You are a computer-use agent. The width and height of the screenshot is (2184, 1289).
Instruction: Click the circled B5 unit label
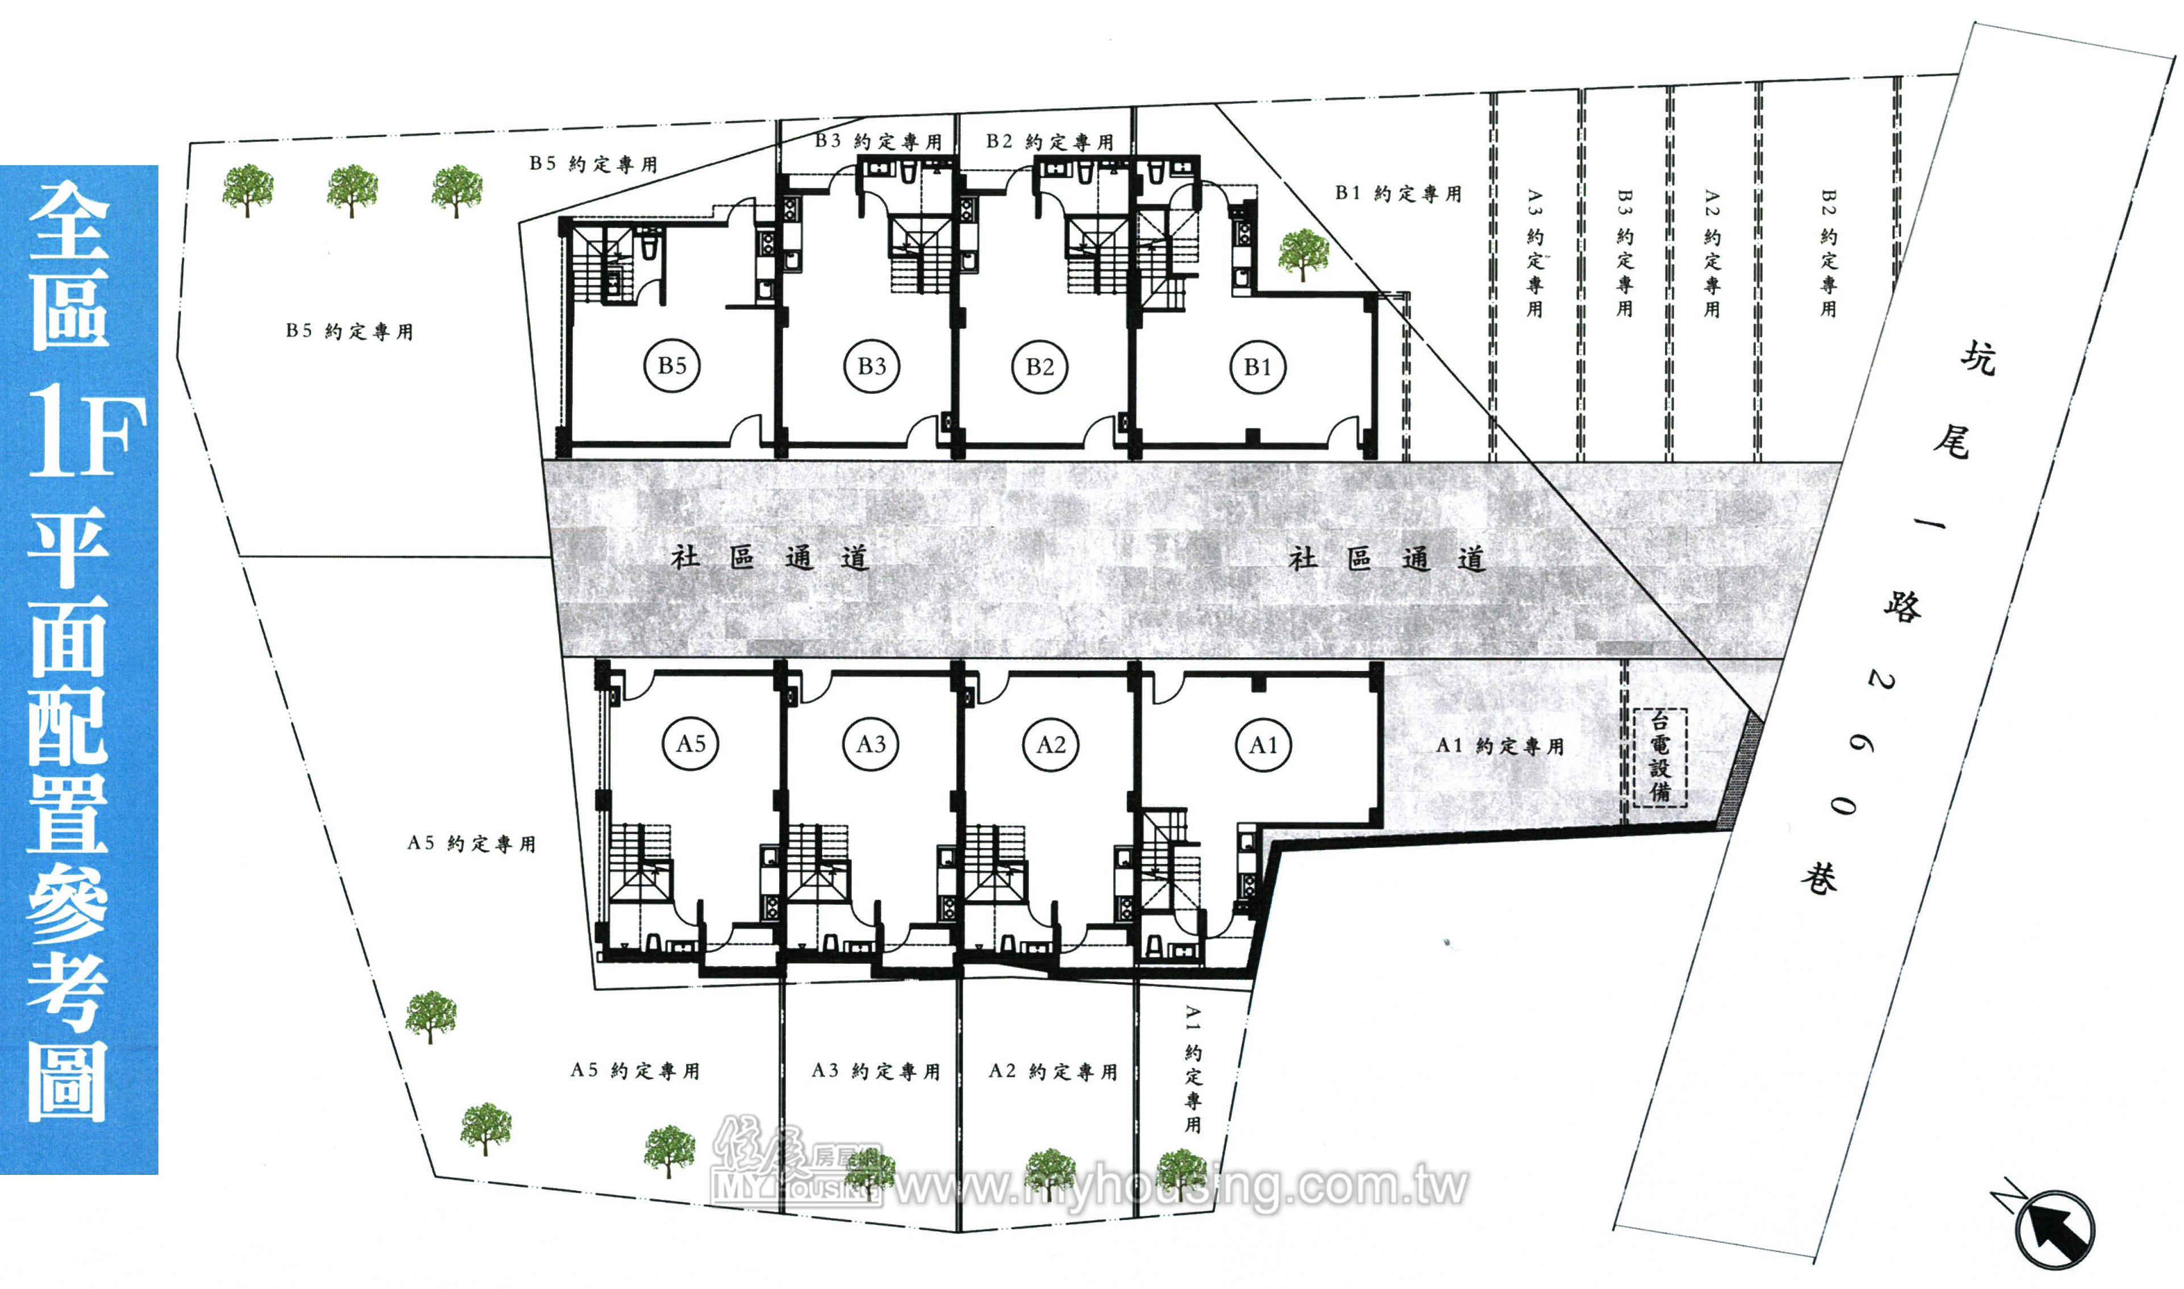click(672, 366)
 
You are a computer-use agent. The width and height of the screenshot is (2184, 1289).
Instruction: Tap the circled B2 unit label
click(1040, 367)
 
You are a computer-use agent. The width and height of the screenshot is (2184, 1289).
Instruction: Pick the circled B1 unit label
click(1258, 367)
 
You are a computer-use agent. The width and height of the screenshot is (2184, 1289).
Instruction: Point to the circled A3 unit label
click(871, 744)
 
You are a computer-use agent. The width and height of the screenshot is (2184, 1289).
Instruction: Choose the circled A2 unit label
click(1051, 744)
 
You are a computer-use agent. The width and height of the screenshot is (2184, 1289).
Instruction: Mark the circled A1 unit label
click(1263, 744)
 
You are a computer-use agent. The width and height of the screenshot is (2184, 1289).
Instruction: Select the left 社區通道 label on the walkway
click(769, 557)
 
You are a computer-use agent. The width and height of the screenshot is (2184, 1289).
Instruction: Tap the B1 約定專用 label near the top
click(1398, 193)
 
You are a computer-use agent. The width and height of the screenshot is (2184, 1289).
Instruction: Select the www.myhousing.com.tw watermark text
click(1182, 1186)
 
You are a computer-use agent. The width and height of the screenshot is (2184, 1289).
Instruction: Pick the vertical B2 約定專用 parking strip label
click(1828, 253)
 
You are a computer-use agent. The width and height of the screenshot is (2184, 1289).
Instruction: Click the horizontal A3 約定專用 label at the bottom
click(876, 1071)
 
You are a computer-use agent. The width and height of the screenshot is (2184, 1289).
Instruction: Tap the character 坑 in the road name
click(1978, 357)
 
